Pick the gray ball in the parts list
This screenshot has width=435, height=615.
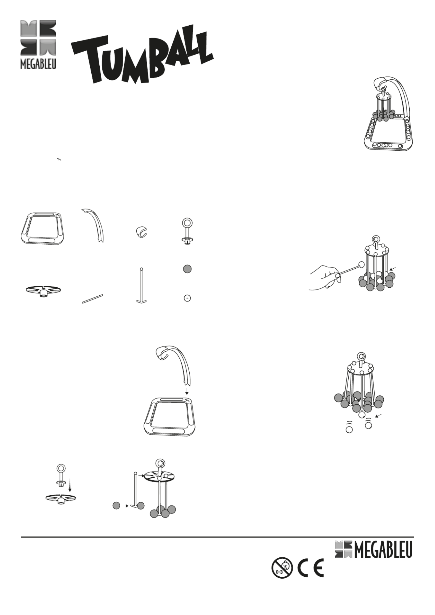(x=187, y=269)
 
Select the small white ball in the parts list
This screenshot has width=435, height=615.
(x=187, y=298)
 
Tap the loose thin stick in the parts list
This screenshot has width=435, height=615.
(x=92, y=299)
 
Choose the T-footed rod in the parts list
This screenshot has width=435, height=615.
(x=142, y=285)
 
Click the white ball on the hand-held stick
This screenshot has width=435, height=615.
(x=361, y=264)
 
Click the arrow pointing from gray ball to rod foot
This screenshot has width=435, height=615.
(x=125, y=506)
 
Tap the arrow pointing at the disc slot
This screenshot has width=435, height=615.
(x=141, y=476)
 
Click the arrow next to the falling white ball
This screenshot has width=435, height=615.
(x=379, y=416)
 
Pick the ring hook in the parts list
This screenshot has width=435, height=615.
(x=187, y=231)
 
